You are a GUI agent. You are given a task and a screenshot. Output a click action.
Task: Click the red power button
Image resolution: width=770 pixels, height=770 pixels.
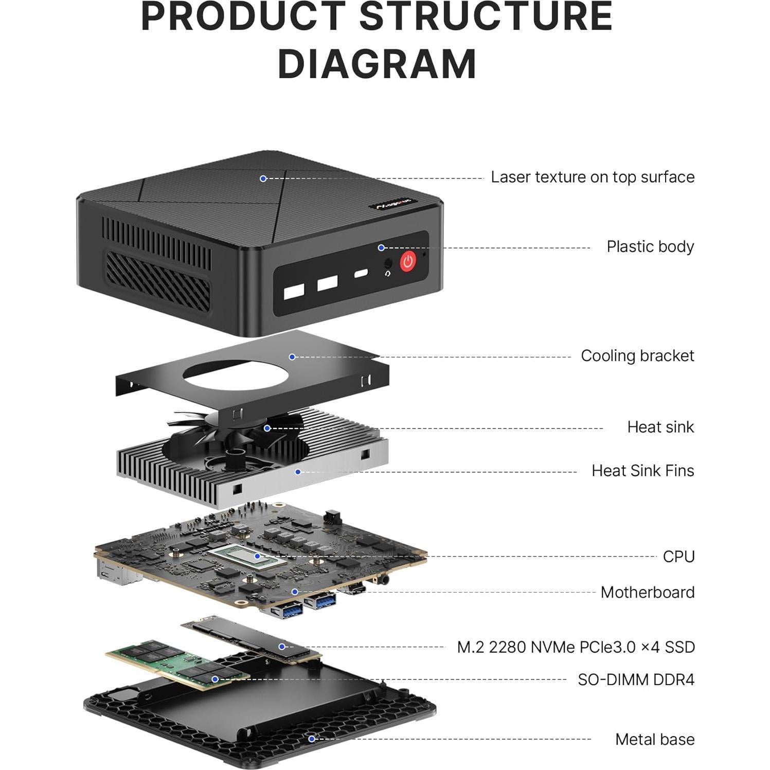click(408, 261)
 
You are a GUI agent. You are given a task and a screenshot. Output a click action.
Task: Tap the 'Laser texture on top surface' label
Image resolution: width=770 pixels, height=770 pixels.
click(592, 177)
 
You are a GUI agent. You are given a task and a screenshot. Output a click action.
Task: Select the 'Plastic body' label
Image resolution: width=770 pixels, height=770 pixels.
click(650, 247)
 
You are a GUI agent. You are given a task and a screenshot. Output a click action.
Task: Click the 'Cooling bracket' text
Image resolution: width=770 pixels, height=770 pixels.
click(637, 356)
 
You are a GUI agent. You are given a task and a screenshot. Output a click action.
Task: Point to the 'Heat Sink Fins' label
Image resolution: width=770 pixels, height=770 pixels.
click(642, 471)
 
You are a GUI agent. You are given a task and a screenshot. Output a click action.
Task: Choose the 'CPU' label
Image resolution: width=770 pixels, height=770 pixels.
click(678, 557)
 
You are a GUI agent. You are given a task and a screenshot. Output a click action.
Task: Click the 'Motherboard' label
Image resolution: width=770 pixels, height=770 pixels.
click(647, 593)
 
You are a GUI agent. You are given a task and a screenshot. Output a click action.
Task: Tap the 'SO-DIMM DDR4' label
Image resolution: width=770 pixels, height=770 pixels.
click(636, 680)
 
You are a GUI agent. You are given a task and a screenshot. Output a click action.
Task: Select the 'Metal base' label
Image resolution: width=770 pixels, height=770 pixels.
click(654, 740)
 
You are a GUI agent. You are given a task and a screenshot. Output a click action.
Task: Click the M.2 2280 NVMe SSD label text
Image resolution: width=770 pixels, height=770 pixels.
click(576, 647)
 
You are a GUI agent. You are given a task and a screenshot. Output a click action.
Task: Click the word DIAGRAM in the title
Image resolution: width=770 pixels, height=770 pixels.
click(377, 64)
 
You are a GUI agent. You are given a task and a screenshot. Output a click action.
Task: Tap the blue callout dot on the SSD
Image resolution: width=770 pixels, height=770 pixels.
click(282, 647)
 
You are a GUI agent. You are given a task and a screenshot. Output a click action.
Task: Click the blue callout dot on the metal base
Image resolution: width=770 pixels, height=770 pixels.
click(311, 739)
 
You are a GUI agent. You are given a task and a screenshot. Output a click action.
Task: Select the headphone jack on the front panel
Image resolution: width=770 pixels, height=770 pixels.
click(388, 263)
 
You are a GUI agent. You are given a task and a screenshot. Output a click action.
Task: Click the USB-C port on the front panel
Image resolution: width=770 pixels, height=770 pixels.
click(361, 273)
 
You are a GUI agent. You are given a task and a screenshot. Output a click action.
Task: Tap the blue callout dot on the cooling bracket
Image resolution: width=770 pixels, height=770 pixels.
click(292, 356)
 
